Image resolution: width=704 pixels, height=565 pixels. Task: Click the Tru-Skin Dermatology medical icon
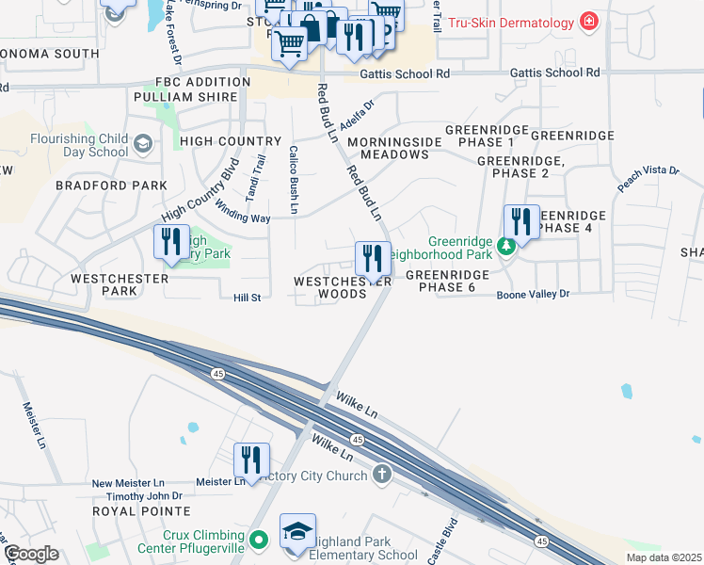point(589,22)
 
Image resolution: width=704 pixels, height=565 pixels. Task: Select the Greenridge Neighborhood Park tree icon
point(506,246)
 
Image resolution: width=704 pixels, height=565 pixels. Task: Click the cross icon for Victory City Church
point(382,475)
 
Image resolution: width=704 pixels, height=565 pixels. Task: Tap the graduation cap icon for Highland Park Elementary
point(297,532)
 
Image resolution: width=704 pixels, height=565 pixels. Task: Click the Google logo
point(31,554)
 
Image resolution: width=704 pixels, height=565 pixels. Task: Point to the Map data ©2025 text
point(664,557)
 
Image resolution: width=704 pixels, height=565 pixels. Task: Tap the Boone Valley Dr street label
point(534,294)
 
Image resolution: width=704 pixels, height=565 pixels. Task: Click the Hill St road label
point(247,298)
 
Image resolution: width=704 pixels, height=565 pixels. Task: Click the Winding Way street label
point(242,211)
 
